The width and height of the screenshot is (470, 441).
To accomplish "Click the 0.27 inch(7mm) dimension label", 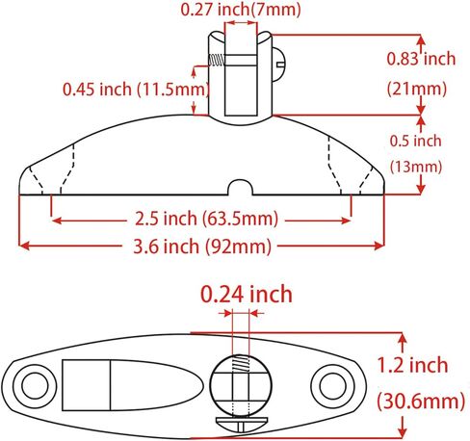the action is point(241,9).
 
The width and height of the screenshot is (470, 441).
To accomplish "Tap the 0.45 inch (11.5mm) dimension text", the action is point(136,89).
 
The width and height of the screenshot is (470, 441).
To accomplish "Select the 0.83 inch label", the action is point(421,59).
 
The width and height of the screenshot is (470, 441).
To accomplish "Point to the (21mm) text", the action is point(417,89).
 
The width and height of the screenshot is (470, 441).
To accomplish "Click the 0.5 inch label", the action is point(416,141).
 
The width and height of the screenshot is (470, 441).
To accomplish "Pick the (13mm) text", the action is point(416,167).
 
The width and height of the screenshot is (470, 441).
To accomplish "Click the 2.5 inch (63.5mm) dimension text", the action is point(206,219).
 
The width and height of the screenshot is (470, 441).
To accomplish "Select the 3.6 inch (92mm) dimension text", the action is point(202,246).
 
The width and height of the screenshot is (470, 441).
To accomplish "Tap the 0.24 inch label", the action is point(247,294).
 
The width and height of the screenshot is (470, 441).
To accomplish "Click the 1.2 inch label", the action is point(412,365).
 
